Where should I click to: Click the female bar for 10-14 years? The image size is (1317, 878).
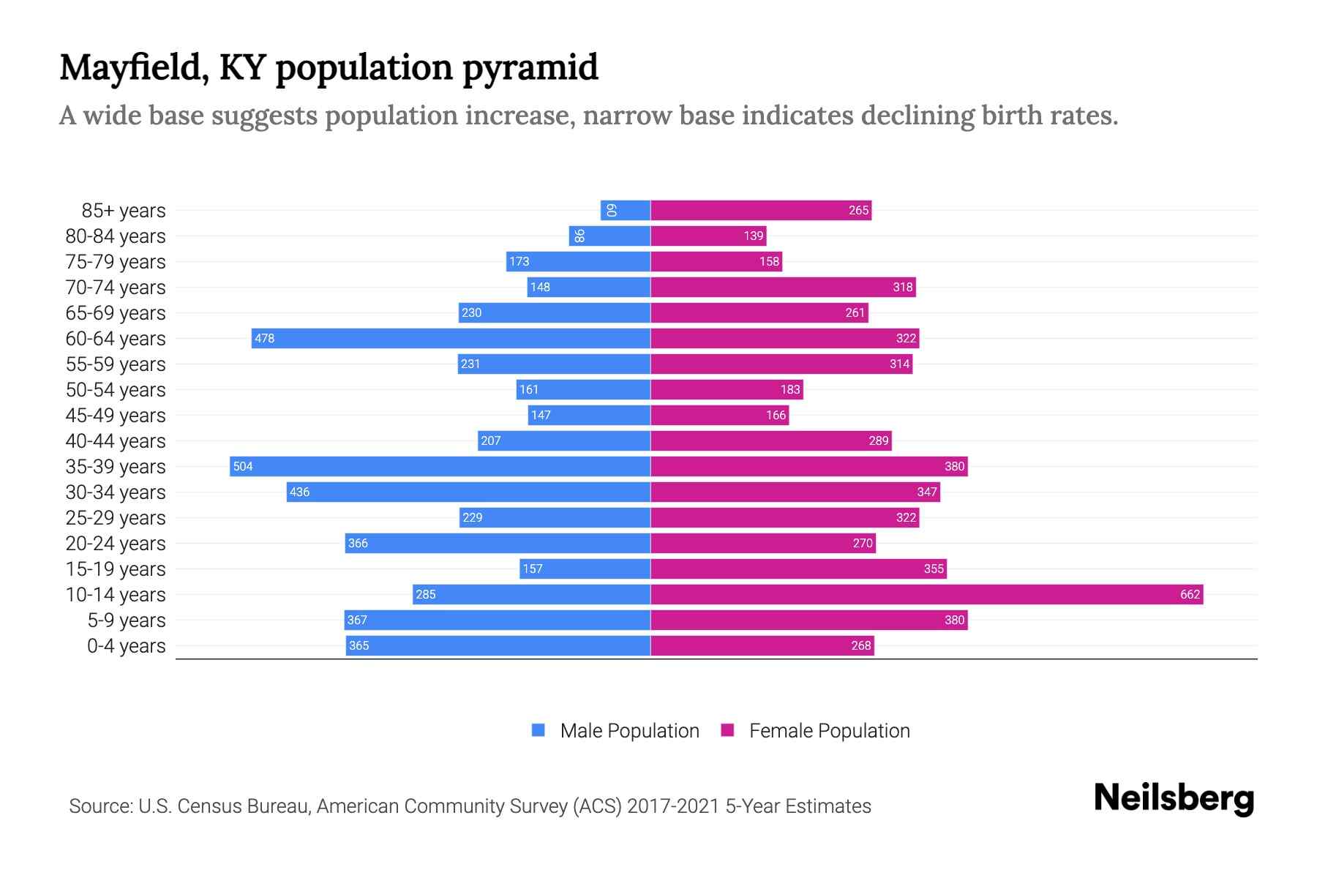click(926, 594)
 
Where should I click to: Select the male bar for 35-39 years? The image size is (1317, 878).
click(440, 466)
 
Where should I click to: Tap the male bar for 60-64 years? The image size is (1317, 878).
click(451, 338)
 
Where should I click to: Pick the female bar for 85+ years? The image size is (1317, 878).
click(761, 210)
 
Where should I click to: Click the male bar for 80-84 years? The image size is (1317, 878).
click(609, 236)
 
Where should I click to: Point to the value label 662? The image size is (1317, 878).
click(1190, 594)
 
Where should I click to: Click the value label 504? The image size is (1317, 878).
click(243, 466)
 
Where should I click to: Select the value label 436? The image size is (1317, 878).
click(299, 492)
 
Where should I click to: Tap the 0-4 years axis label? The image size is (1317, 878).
click(126, 645)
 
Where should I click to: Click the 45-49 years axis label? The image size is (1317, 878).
click(116, 415)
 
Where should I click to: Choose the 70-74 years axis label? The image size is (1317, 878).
click(116, 287)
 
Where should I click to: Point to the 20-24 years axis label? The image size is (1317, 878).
click(116, 543)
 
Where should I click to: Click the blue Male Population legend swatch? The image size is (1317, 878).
click(539, 730)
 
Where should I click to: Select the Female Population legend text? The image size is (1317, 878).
click(829, 730)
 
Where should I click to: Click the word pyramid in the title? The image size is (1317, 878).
click(530, 67)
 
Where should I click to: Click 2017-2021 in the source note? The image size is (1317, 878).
click(673, 806)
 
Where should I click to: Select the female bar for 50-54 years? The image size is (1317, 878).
click(727, 389)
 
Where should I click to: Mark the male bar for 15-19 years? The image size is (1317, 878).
click(585, 569)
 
